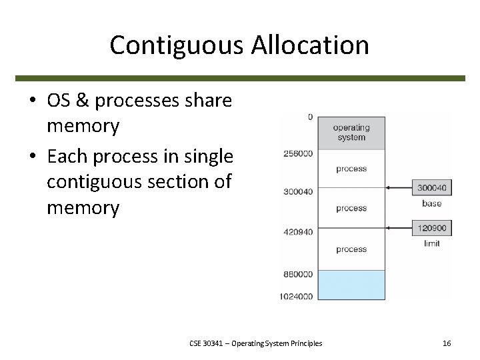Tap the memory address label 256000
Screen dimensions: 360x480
click(297, 153)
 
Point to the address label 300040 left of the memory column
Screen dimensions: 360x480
click(297, 192)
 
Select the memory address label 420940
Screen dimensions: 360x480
click(297, 233)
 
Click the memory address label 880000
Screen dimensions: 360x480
click(297, 273)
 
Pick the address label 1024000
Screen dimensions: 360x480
click(295, 296)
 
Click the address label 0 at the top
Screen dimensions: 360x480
click(310, 117)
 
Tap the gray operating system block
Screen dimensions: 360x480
click(351, 132)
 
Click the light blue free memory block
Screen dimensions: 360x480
click(351, 285)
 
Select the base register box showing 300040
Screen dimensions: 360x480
click(431, 188)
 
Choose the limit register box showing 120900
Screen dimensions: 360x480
click(431, 228)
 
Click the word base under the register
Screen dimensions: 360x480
click(431, 203)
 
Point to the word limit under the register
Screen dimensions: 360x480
click(431, 243)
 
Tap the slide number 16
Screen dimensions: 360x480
click(447, 343)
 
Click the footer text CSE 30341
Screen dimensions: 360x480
click(205, 343)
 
